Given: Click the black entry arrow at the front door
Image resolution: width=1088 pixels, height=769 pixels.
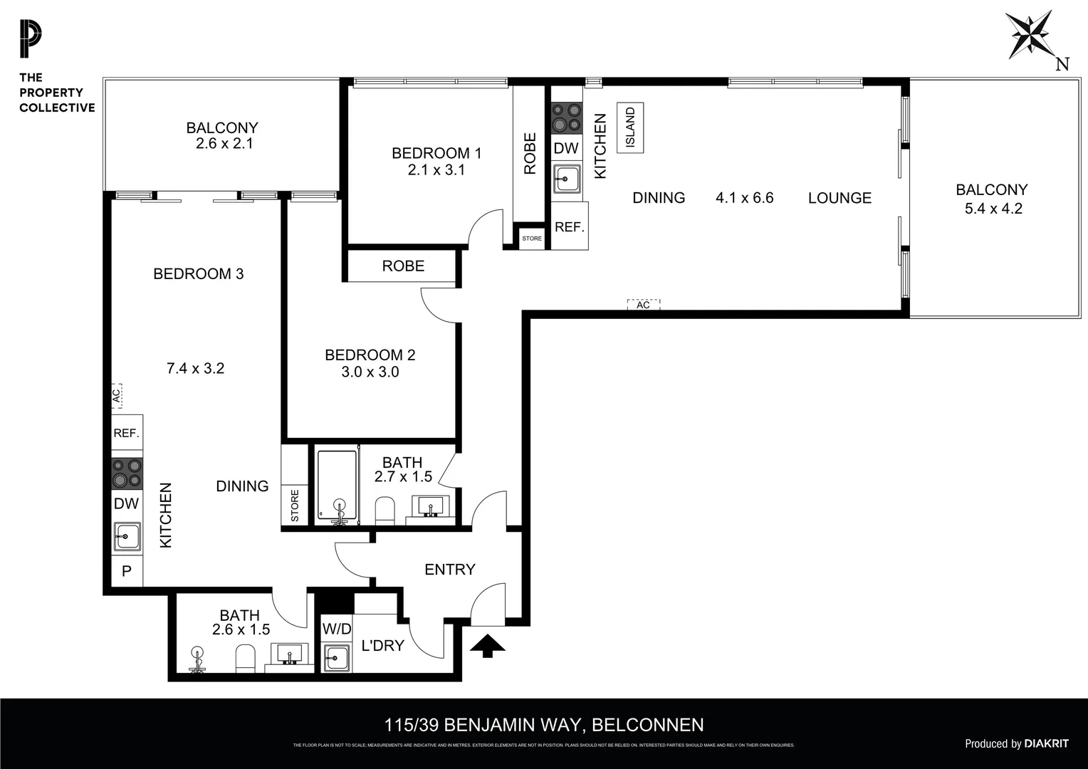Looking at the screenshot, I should pyautogui.click(x=488, y=646).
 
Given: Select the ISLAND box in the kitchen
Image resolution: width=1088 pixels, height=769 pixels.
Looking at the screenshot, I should pyautogui.click(x=630, y=127).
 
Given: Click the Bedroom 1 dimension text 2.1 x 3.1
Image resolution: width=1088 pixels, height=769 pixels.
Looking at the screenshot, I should pyautogui.click(x=436, y=170).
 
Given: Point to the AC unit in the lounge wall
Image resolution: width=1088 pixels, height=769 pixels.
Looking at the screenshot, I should pyautogui.click(x=643, y=305).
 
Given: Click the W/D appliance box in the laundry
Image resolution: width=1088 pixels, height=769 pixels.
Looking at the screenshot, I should pyautogui.click(x=336, y=629).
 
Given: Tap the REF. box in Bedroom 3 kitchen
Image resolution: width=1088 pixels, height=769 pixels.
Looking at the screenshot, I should pyautogui.click(x=127, y=433).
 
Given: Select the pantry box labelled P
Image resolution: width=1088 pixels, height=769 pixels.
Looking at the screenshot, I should pyautogui.click(x=127, y=571).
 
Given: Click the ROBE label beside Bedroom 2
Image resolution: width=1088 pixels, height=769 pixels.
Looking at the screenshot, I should pyautogui.click(x=403, y=266).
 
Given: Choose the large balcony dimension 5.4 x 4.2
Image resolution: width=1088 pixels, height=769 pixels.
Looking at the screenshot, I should pyautogui.click(x=993, y=209).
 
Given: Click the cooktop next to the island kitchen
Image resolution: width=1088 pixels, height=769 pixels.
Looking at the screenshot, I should pyautogui.click(x=567, y=118).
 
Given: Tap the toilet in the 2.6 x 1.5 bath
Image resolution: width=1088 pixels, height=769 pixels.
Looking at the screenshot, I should pyautogui.click(x=245, y=659).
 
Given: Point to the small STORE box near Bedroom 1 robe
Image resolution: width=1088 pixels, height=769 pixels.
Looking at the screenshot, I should pyautogui.click(x=532, y=239).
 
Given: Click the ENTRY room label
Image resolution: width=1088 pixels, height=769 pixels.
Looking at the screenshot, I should pyautogui.click(x=449, y=570).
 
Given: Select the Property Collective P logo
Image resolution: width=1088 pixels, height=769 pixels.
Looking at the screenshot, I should pyautogui.click(x=31, y=40).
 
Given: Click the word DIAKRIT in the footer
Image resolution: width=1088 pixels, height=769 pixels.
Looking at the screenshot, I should pyautogui.click(x=1046, y=743).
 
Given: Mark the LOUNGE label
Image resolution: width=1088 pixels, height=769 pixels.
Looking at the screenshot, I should pyautogui.click(x=839, y=198).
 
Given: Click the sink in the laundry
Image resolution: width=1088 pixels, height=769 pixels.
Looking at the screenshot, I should pyautogui.click(x=336, y=657).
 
